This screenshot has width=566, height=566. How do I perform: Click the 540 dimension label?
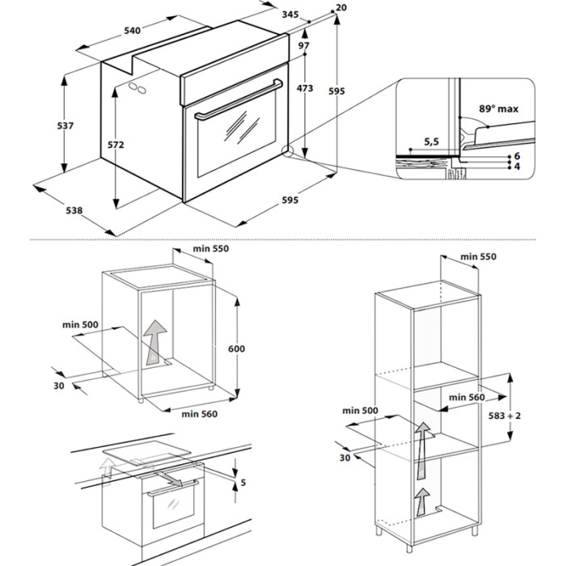pyautogui.click(x=133, y=31)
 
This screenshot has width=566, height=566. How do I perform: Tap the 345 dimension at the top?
pyautogui.click(x=290, y=14)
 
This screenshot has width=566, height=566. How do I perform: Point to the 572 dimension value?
pyautogui.click(x=116, y=146)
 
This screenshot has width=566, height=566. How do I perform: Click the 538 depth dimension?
pyautogui.click(x=74, y=211)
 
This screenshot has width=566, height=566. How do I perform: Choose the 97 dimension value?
pyautogui.click(x=303, y=47)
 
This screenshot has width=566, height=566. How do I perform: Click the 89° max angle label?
pyautogui.click(x=498, y=108)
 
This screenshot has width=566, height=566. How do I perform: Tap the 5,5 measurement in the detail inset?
pyautogui.click(x=431, y=142)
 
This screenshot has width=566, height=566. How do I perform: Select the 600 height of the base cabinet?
pyautogui.click(x=236, y=348)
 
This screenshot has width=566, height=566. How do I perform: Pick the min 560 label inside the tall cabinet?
pyautogui.click(x=467, y=397)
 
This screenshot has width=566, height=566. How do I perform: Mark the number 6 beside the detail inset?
pyautogui.click(x=516, y=155)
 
